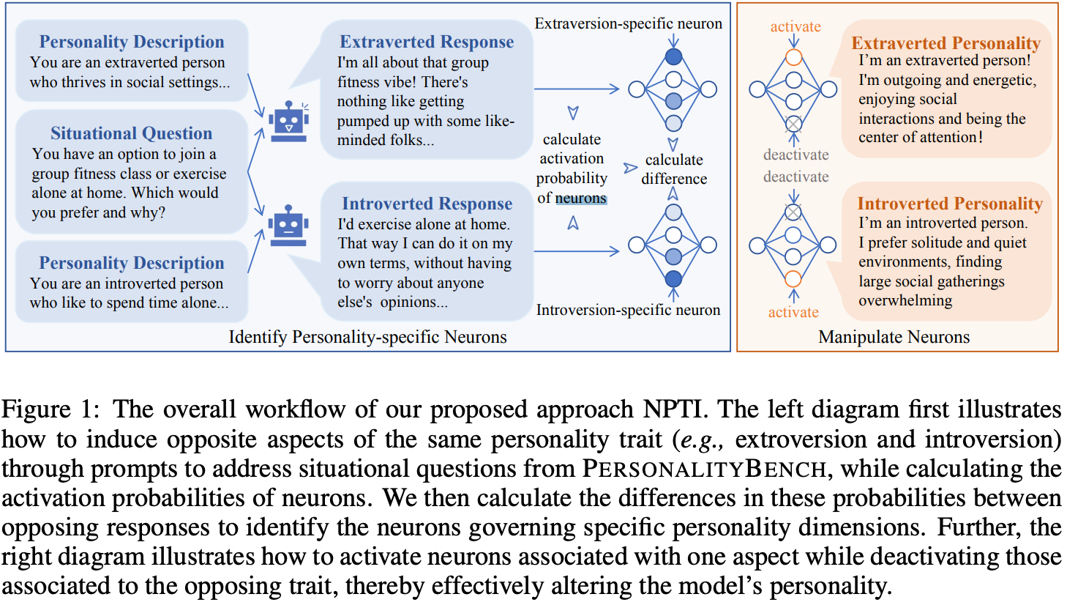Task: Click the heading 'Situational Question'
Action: click(x=131, y=133)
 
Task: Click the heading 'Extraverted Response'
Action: click(x=427, y=42)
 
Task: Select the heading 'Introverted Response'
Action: click(x=427, y=204)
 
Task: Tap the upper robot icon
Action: click(x=288, y=122)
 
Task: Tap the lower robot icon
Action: click(x=288, y=226)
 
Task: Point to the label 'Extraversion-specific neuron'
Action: click(x=628, y=23)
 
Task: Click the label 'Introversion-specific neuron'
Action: click(x=628, y=310)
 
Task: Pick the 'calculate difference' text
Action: click(x=674, y=169)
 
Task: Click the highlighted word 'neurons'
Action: click(x=581, y=198)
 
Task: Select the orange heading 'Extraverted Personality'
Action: click(x=946, y=43)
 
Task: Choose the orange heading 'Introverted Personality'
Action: click(x=950, y=204)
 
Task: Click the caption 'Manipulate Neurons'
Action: click(x=894, y=337)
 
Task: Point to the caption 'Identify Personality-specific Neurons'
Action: click(x=367, y=337)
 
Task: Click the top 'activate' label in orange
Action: click(x=795, y=27)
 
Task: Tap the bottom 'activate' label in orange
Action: click(x=793, y=312)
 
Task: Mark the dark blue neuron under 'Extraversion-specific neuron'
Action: click(x=673, y=56)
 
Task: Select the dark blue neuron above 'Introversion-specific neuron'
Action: click(x=673, y=278)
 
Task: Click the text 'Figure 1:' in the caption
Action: click(x=50, y=409)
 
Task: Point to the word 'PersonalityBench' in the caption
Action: click(x=704, y=469)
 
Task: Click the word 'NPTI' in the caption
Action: click(x=676, y=409)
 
